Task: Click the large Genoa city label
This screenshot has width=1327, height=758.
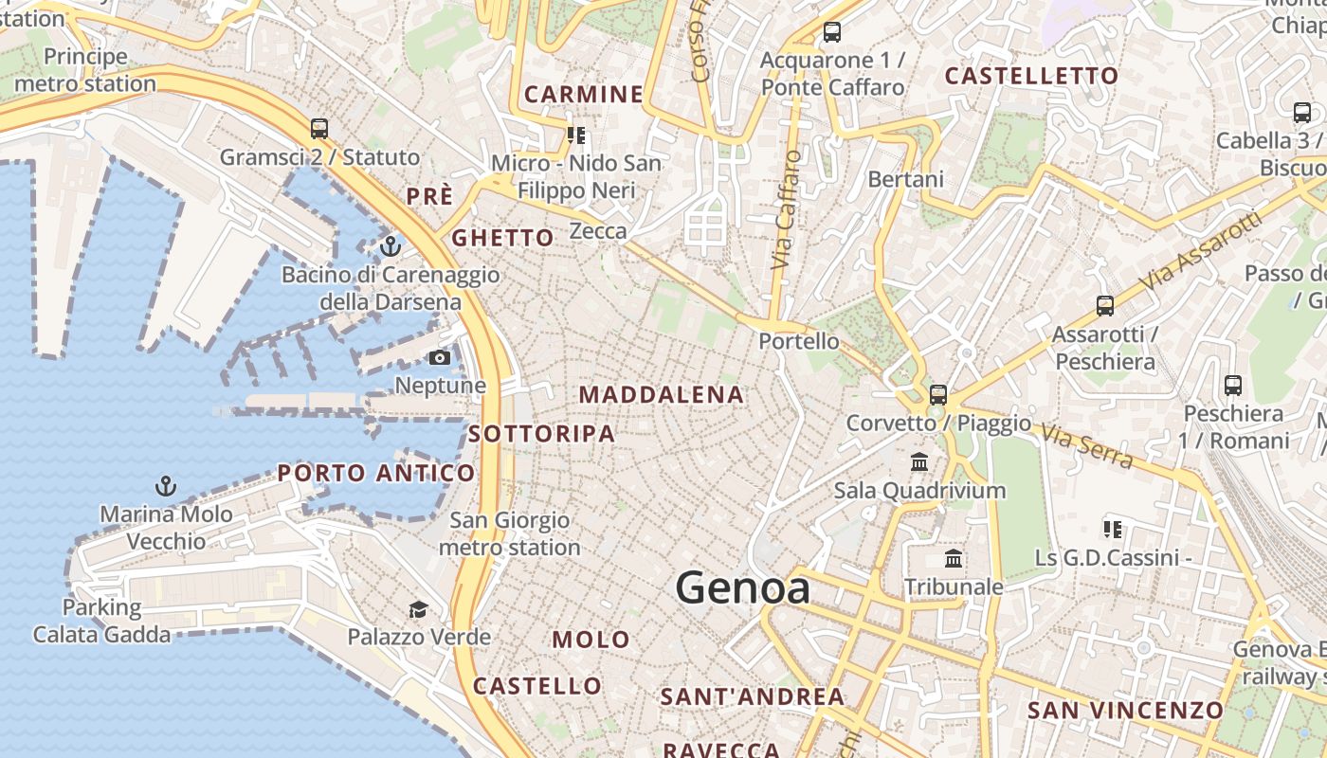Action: [743, 588]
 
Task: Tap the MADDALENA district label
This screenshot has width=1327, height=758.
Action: [662, 394]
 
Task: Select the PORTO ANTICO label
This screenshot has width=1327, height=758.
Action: [376, 473]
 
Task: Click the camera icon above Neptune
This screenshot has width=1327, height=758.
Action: [440, 357]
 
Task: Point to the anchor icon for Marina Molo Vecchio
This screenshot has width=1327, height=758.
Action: [166, 487]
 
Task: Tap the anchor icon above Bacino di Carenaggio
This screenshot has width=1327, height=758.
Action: [391, 246]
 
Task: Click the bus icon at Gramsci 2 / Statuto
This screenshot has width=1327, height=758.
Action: [319, 128]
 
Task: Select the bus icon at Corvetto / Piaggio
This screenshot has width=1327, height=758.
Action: [938, 394]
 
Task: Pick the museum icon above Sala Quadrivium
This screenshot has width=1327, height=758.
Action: [919, 462]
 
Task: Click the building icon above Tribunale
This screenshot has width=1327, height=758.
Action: [954, 559]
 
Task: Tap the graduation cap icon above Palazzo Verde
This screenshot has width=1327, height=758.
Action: [418, 608]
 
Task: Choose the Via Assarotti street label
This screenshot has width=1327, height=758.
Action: [1202, 252]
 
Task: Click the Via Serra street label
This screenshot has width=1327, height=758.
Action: [1086, 445]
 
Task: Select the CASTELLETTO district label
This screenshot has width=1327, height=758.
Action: [1031, 76]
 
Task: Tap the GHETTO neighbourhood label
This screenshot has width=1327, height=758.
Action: [502, 238]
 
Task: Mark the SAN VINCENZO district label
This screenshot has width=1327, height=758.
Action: [1125, 710]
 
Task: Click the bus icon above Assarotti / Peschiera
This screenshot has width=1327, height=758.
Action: [1105, 305]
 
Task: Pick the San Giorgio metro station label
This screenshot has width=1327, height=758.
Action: [510, 533]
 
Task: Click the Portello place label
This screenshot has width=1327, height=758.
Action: [799, 341]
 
